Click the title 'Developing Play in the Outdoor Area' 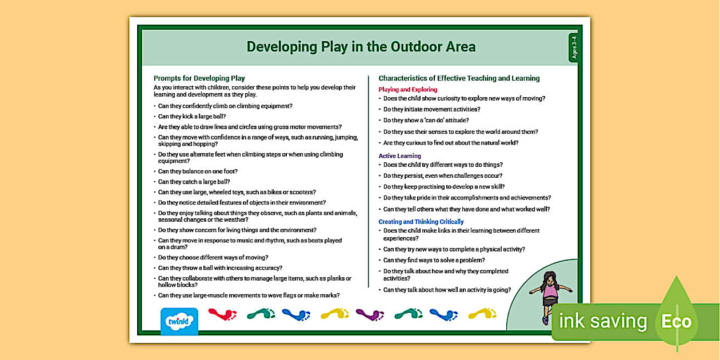(361, 47)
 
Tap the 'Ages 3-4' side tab (574, 48)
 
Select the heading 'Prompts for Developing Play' (199, 78)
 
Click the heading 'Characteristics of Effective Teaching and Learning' (459, 78)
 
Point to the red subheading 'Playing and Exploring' (407, 90)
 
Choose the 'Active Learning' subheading (399, 156)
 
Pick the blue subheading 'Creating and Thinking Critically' (421, 222)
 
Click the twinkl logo (179, 321)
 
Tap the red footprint (222, 314)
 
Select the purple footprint (370, 314)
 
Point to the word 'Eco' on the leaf (677, 321)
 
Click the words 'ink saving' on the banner (603, 321)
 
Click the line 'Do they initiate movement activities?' (431, 109)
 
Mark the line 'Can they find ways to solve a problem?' (434, 261)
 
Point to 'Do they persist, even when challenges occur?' (443, 176)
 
